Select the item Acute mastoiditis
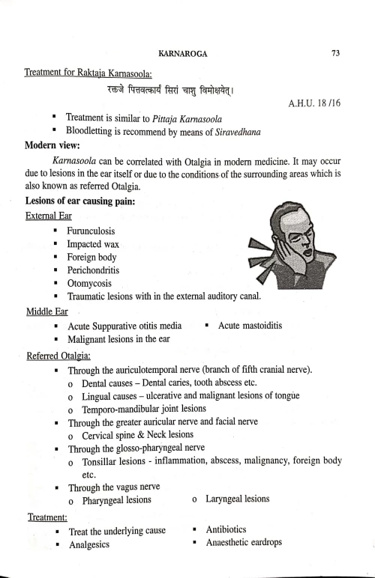coord(248,326)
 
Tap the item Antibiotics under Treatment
coord(230,529)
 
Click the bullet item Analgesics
coord(89,544)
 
